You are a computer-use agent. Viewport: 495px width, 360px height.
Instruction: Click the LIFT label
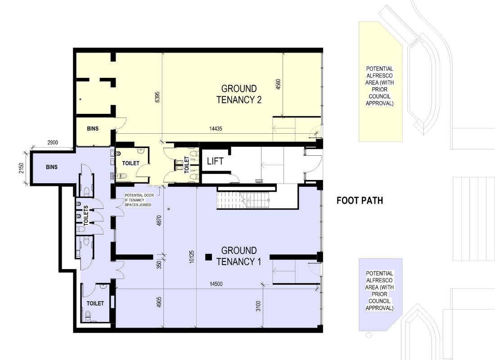coord(215,162)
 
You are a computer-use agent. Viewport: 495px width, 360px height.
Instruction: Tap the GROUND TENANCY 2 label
coord(239,94)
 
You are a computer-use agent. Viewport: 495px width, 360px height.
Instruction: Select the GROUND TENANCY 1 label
coord(239,256)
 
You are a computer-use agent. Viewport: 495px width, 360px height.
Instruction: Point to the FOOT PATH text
coord(360,201)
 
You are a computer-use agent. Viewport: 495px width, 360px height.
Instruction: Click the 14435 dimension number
coord(216,129)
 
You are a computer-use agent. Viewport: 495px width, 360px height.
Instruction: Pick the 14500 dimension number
coord(216,284)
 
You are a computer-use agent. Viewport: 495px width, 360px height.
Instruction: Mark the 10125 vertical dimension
coord(192,257)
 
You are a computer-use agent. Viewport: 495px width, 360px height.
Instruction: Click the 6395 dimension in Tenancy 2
coord(157,97)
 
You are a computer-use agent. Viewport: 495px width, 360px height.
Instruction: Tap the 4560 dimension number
coord(278,84)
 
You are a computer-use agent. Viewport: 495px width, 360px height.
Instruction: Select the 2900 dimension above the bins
coord(53,142)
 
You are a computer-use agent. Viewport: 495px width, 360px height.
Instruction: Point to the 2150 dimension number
coord(21,168)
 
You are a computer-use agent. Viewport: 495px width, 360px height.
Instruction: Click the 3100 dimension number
coord(258,306)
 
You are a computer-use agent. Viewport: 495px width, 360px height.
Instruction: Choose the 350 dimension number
coord(159,265)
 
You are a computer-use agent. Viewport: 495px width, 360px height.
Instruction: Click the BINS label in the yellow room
coord(93,129)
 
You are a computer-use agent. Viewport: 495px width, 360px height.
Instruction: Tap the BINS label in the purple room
coord(51,167)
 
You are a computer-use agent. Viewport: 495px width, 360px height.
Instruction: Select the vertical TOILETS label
coord(86,216)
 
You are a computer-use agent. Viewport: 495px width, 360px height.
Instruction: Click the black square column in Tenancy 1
coord(208,257)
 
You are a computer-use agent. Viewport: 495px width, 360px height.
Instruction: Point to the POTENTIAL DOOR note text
coord(139,200)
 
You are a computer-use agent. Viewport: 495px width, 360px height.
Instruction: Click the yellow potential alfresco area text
coord(379,86)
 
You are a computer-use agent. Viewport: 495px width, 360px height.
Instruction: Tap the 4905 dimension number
coord(159,302)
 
